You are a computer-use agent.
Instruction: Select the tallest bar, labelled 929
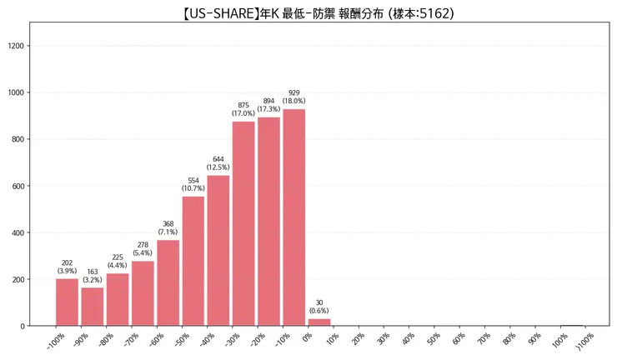293,217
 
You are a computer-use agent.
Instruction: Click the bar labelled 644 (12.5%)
218,250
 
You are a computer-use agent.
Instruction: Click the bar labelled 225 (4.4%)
118,299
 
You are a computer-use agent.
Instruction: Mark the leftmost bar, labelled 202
67,302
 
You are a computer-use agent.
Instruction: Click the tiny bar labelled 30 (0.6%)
319,322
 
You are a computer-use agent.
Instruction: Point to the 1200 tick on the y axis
17,46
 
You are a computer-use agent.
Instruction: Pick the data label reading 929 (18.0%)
293,97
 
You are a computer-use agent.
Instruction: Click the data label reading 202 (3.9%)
67,267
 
